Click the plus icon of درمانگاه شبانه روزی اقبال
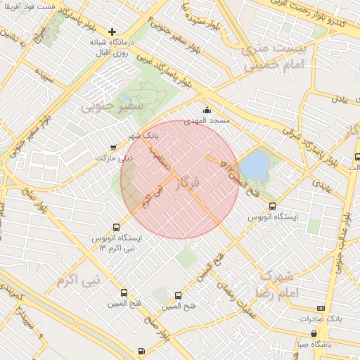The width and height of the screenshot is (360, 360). (112, 32)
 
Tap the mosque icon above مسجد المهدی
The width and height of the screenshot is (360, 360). (207, 110)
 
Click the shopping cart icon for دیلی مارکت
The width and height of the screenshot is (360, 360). (113, 148)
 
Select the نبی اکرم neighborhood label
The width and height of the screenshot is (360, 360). (73, 278)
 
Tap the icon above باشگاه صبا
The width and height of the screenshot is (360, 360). (314, 333)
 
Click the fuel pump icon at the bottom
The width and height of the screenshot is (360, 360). (142, 351)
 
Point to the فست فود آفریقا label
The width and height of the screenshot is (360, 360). (46, 6)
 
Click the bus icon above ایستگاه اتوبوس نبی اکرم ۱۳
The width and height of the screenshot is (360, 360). (117, 226)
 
